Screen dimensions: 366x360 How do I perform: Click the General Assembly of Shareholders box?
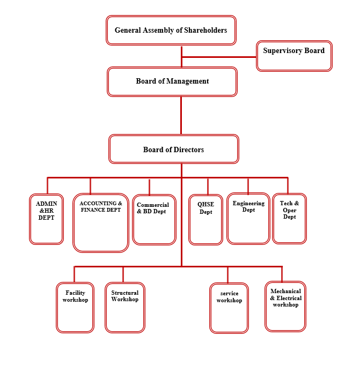pyautogui.click(x=171, y=30)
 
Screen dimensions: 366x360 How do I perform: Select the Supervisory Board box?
pyautogui.click(x=294, y=56)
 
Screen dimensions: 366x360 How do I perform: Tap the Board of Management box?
pyautogui.click(x=172, y=81)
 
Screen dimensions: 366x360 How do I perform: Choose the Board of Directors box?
pyautogui.click(x=173, y=149)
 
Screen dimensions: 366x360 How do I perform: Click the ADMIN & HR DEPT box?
pyautogui.click(x=47, y=219)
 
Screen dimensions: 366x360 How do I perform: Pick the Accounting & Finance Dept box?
pyautogui.click(x=101, y=223)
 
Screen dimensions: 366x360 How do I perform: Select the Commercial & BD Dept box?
pyautogui.click(x=154, y=219)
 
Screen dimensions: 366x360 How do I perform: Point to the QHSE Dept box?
pyautogui.click(x=206, y=219)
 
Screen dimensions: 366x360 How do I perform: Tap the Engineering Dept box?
pyautogui.click(x=248, y=219)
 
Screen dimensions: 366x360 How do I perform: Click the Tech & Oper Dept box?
pyautogui.click(x=289, y=219)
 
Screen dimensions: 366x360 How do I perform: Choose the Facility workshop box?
pyautogui.click(x=75, y=308)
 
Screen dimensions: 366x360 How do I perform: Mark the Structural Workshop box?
pyautogui.click(x=125, y=308)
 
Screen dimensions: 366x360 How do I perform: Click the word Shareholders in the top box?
pyautogui.click(x=202, y=30)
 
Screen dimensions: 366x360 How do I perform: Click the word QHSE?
pyautogui.click(x=206, y=204)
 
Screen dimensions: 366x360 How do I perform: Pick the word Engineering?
pyautogui.click(x=248, y=204)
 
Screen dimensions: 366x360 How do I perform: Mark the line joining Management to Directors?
pyautogui.click(x=181, y=115)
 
